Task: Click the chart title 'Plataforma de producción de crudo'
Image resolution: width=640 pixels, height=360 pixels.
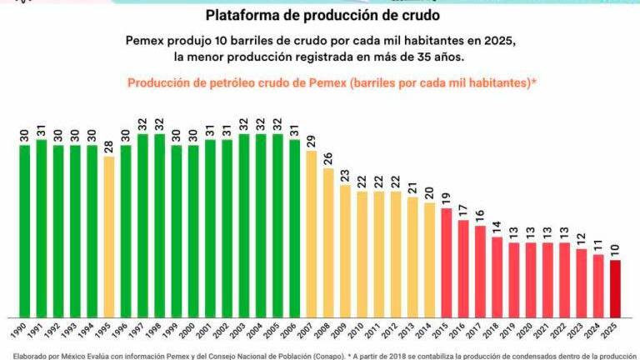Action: pos(322,16)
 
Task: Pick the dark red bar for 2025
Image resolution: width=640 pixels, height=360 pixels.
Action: pos(615,288)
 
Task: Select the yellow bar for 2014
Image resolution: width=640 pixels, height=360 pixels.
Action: pos(429,259)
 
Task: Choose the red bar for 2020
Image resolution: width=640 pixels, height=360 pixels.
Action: pos(530,280)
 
